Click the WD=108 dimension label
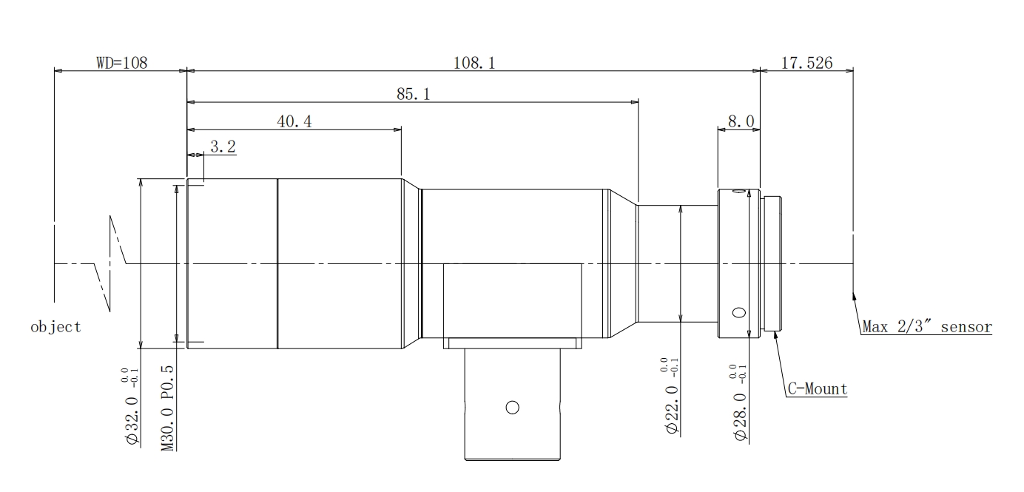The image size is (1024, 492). pyautogui.click(x=121, y=63)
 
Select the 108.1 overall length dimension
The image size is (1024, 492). pyautogui.click(x=474, y=63)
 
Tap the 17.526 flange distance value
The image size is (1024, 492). pyautogui.click(x=806, y=63)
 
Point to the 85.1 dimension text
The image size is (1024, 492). pyautogui.click(x=413, y=94)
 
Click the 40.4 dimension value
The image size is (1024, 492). pyautogui.click(x=294, y=121)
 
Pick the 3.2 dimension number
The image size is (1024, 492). pyautogui.click(x=223, y=146)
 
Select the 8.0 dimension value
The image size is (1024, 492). pyautogui.click(x=741, y=121)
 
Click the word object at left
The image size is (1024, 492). pyautogui.click(x=55, y=328)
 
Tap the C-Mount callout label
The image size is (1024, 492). pyautogui.click(x=818, y=388)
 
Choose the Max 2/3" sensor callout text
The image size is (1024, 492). pyautogui.click(x=926, y=327)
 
